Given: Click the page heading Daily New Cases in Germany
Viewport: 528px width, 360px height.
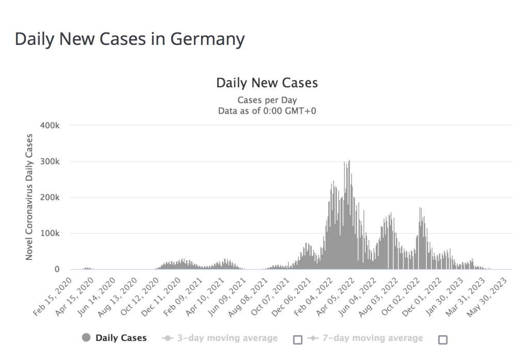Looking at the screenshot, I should [x=130, y=39].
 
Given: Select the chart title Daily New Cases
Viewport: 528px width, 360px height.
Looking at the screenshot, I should [x=266, y=83].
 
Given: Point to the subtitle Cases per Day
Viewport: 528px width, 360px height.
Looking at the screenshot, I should [x=267, y=100].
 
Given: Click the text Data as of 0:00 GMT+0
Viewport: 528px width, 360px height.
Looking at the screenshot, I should [x=267, y=110].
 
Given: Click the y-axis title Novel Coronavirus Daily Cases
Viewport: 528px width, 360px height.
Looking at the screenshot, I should [x=29, y=197].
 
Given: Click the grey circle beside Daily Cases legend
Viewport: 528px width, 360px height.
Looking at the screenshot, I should [x=86, y=338].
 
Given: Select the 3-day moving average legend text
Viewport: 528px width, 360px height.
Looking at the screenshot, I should [x=228, y=338].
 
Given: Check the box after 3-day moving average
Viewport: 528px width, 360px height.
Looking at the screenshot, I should [x=297, y=339].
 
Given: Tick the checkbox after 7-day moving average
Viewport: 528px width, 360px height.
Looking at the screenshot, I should [x=442, y=339].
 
